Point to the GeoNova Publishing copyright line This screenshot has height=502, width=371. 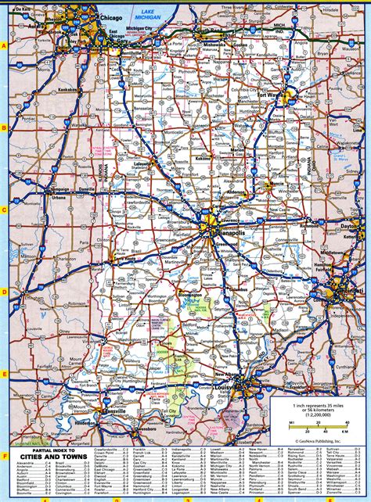pyautogui.click(x=312, y=438)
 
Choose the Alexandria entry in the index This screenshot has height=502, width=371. pyautogui.click(x=26, y=463)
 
